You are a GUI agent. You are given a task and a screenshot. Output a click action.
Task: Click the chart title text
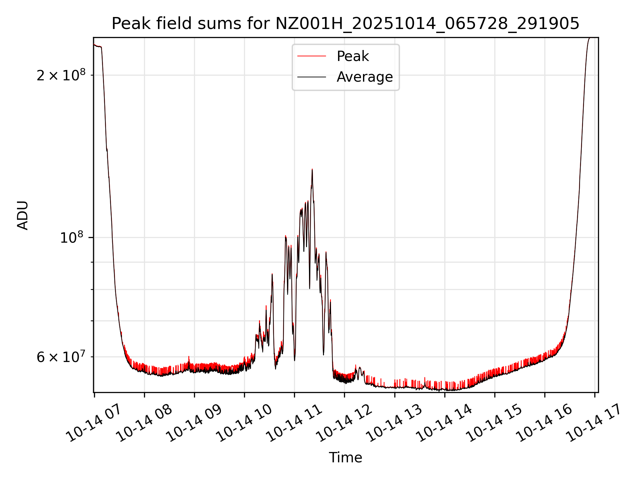coord(345,24)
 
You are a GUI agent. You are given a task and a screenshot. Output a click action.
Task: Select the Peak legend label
coord(353,56)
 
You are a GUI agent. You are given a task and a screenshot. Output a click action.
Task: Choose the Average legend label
coord(365,77)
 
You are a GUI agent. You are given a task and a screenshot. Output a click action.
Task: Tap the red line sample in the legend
coord(311,56)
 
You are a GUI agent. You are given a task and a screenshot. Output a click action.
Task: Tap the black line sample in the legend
coord(311,77)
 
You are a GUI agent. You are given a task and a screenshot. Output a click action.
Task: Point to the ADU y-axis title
coord(23,215)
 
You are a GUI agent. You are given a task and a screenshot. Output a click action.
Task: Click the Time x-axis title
coord(345,458)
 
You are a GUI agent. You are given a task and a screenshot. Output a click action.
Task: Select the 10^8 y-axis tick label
coord(71,238)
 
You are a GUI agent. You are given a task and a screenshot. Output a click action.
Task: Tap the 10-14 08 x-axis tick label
coord(144,423)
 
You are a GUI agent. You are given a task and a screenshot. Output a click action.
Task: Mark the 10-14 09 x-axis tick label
coord(194,423)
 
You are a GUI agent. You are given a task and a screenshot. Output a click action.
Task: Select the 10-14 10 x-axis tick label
coord(244,423)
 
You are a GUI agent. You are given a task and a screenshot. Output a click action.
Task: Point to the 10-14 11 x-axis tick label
coord(294,423)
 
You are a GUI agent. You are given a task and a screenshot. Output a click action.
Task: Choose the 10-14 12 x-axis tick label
coord(344,423)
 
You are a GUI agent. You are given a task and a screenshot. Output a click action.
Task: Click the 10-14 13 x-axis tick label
coord(394,423)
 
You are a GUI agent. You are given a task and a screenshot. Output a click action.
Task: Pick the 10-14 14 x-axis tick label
coord(444,423)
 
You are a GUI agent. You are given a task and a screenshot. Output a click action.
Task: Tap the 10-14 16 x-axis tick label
coord(544,423)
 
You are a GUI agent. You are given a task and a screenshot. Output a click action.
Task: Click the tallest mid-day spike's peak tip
coord(312,169)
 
